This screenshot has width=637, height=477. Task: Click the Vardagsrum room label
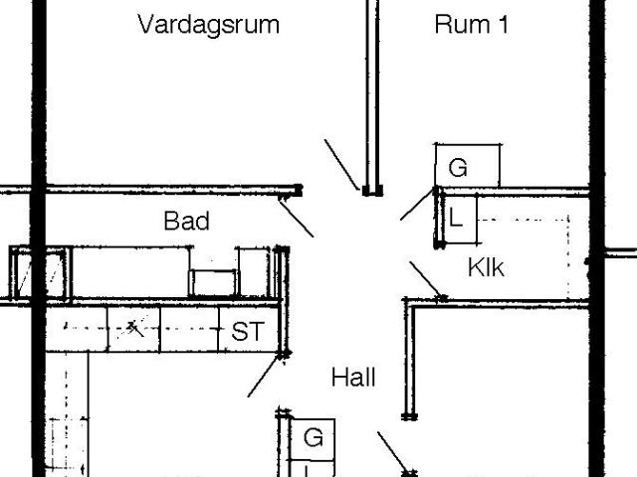(x=208, y=25)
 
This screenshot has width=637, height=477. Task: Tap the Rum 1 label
(x=471, y=25)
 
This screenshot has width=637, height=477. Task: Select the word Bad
(x=186, y=221)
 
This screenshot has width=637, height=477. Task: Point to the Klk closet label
(x=487, y=267)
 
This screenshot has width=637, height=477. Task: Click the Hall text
(x=353, y=378)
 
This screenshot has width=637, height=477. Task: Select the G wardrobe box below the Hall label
(x=313, y=437)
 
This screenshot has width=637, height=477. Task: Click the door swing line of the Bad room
(x=296, y=217)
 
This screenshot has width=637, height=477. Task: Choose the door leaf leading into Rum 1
(x=417, y=204)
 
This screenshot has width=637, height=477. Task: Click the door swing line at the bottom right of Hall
(x=394, y=453)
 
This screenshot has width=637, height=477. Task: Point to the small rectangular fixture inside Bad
(x=215, y=282)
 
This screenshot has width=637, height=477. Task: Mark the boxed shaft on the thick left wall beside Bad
(x=41, y=273)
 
